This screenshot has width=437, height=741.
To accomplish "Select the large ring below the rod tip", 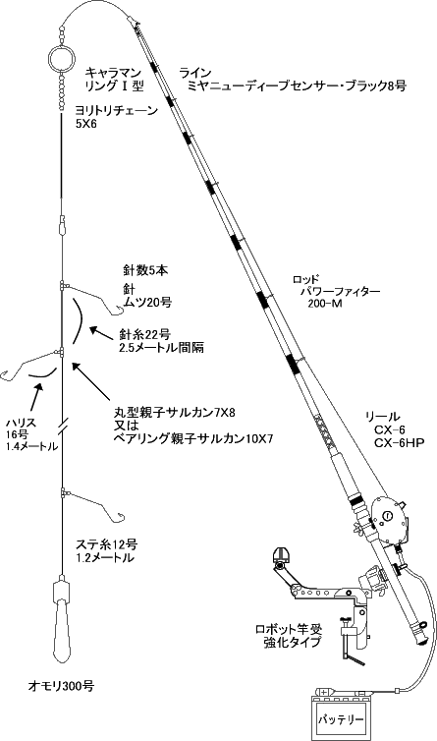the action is point(62,57).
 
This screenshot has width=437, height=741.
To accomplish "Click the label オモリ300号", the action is point(61,686).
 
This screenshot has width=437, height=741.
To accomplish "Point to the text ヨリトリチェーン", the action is point(117,111).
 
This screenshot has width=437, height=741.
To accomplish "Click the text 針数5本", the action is point(145,270).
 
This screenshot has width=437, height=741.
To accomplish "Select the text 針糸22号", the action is point(145,335).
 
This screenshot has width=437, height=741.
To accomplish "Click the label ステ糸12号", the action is point(107,544).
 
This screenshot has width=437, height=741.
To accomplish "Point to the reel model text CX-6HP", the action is point(400,443).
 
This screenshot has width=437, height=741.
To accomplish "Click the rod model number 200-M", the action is point(325,304).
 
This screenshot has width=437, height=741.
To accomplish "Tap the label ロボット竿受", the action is point(288,630).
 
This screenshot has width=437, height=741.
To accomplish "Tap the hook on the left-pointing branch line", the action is point(8,374).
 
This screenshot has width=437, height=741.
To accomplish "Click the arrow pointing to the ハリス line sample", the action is point(35,397).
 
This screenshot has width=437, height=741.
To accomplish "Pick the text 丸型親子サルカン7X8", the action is point(175,413).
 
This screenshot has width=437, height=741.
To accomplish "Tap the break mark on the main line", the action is point(63,425).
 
